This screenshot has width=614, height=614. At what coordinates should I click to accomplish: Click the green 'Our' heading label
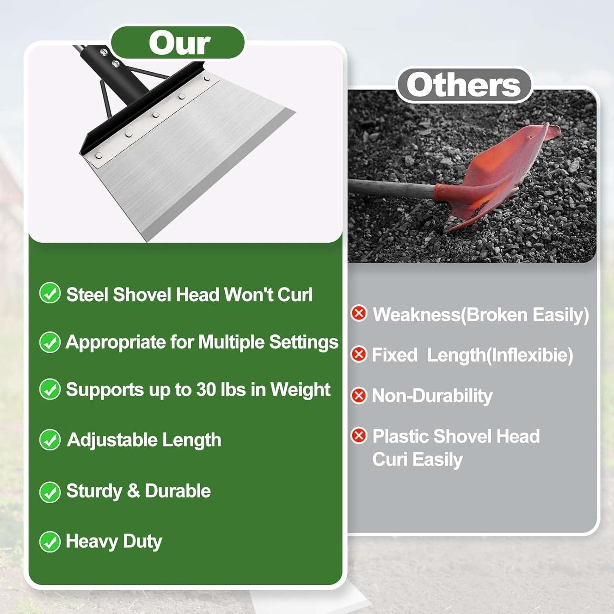pos(179,43)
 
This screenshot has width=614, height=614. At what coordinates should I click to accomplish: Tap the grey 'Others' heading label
pos(464,85)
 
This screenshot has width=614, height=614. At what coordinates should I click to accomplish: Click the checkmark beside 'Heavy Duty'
pos(50,542)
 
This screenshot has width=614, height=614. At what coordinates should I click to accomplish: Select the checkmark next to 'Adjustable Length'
pos(50,440)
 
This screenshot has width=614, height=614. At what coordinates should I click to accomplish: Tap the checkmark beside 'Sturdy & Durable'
pos(50,492)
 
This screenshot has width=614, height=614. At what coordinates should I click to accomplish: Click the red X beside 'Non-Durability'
pos(359,396)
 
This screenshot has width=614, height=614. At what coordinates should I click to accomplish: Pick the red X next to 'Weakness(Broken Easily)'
pos(359,314)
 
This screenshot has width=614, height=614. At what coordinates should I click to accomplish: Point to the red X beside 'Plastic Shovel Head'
pos(359,436)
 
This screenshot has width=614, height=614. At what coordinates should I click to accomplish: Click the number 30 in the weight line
pos(206,390)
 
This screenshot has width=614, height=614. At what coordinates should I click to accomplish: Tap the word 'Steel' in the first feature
pos(87,294)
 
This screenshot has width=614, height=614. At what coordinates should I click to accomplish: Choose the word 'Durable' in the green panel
pos(178,491)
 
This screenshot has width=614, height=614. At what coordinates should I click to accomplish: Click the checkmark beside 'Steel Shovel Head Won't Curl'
pos(50,293)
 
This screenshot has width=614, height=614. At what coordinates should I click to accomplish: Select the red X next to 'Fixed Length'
pos(359,354)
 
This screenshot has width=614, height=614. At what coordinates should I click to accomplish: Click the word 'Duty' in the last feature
pos(143,542)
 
